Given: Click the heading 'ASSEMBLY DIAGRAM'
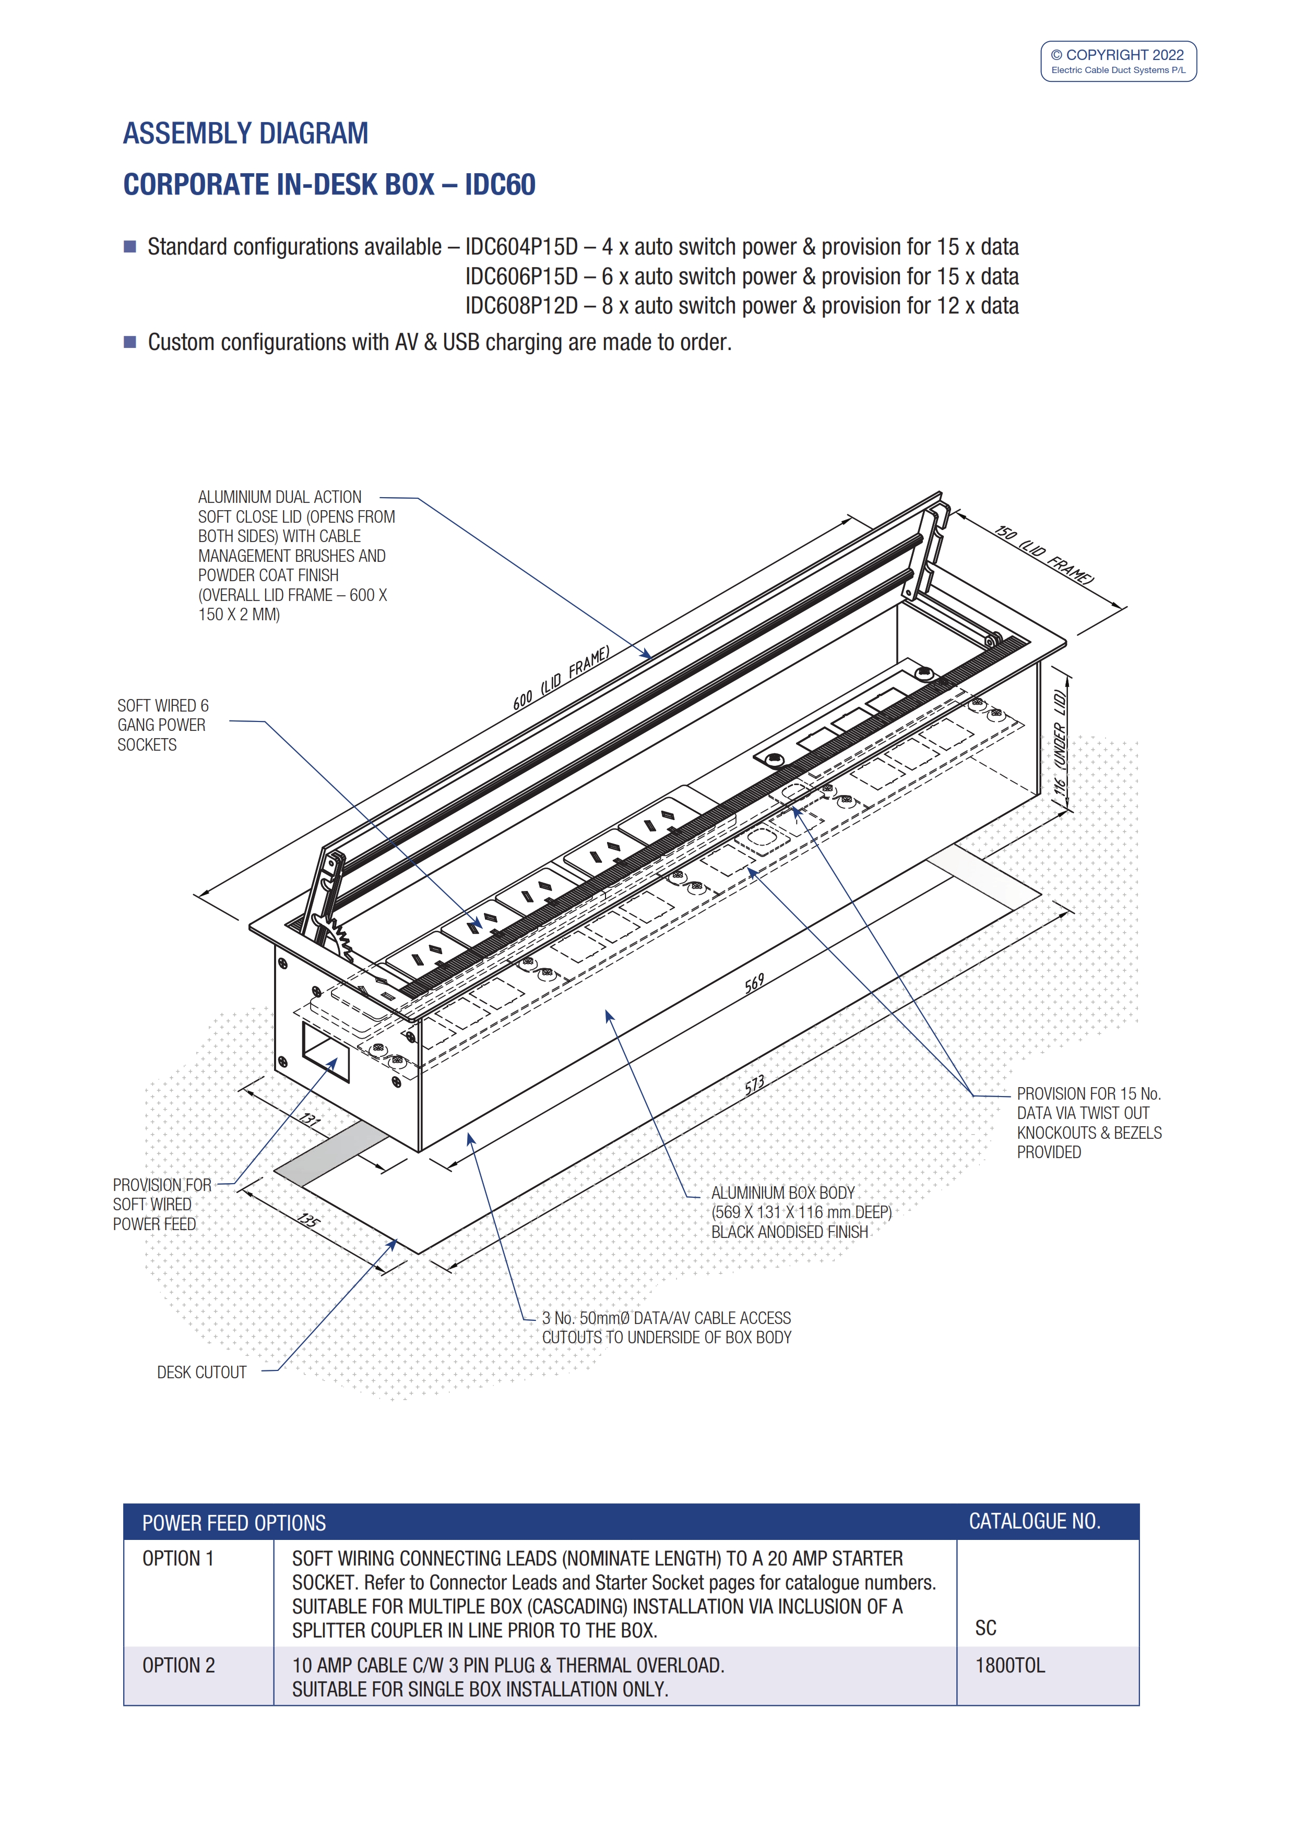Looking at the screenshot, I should pyautogui.click(x=245, y=133).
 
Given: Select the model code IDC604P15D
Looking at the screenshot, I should pyautogui.click(x=521, y=247).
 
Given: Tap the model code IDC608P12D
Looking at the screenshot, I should pyautogui.click(x=521, y=306).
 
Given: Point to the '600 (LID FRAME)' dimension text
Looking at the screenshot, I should pyautogui.click(x=561, y=678).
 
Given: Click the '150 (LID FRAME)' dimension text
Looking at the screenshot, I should pyautogui.click(x=1044, y=555).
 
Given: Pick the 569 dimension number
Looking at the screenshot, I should pyautogui.click(x=754, y=983).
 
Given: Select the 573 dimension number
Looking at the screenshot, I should pyautogui.click(x=754, y=1085).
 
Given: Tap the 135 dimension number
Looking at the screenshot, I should pyautogui.click(x=308, y=1220).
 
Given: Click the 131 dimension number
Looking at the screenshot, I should pyautogui.click(x=310, y=1120).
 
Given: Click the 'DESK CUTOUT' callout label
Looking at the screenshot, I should pyautogui.click(x=201, y=1372).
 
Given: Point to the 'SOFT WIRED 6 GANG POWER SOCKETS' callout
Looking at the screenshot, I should pyautogui.click(x=163, y=725).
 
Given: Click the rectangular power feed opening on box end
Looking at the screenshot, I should pyautogui.click(x=325, y=1051).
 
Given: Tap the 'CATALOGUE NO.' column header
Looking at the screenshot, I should pyautogui.click(x=1034, y=1522).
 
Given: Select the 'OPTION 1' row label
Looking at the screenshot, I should pyautogui.click(x=178, y=1559).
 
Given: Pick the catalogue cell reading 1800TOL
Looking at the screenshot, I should pyautogui.click(x=1010, y=1666).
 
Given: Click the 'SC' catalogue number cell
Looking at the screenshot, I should pyautogui.click(x=986, y=1628).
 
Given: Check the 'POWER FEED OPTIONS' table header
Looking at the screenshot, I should pyautogui.click(x=234, y=1523).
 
